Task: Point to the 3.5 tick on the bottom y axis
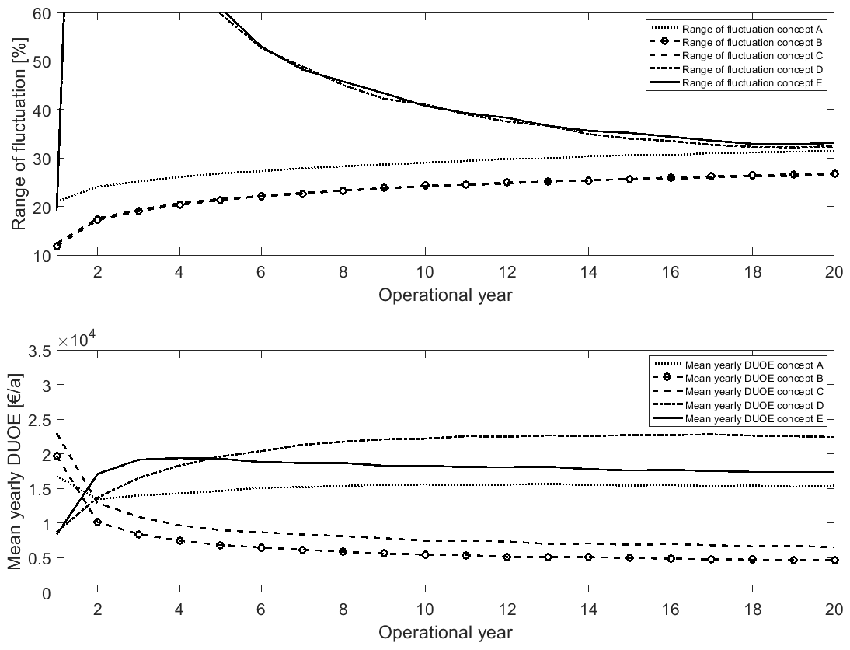[x=39, y=351]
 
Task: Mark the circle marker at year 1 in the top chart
[x=57, y=246]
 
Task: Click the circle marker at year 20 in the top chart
[x=834, y=174]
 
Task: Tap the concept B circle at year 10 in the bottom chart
[x=425, y=554]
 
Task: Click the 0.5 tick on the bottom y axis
[x=39, y=558]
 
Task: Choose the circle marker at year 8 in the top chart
[x=343, y=190]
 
